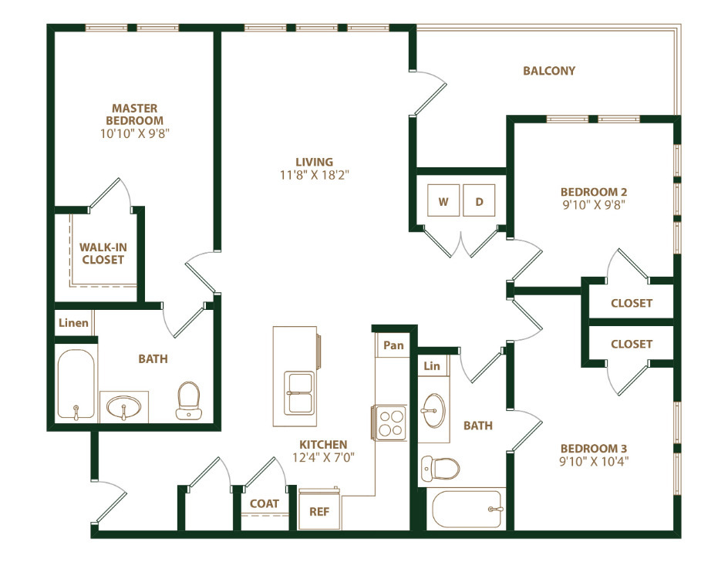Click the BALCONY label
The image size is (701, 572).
click(x=549, y=71)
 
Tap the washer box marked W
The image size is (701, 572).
click(x=443, y=202)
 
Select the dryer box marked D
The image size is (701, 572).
click(x=479, y=202)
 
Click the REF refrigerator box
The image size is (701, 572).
click(x=319, y=510)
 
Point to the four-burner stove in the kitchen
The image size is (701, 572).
click(x=392, y=422)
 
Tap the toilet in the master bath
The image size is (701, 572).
click(x=188, y=402)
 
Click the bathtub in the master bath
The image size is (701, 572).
click(x=76, y=385)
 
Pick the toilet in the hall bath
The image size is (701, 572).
click(x=440, y=467)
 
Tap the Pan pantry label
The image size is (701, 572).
click(x=393, y=345)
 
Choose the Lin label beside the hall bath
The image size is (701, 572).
click(x=432, y=366)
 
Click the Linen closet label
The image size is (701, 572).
click(x=73, y=323)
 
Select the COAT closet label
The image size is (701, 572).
click(x=265, y=503)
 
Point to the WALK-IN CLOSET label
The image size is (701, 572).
click(x=102, y=254)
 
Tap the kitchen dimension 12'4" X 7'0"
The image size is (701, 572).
click(x=324, y=457)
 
